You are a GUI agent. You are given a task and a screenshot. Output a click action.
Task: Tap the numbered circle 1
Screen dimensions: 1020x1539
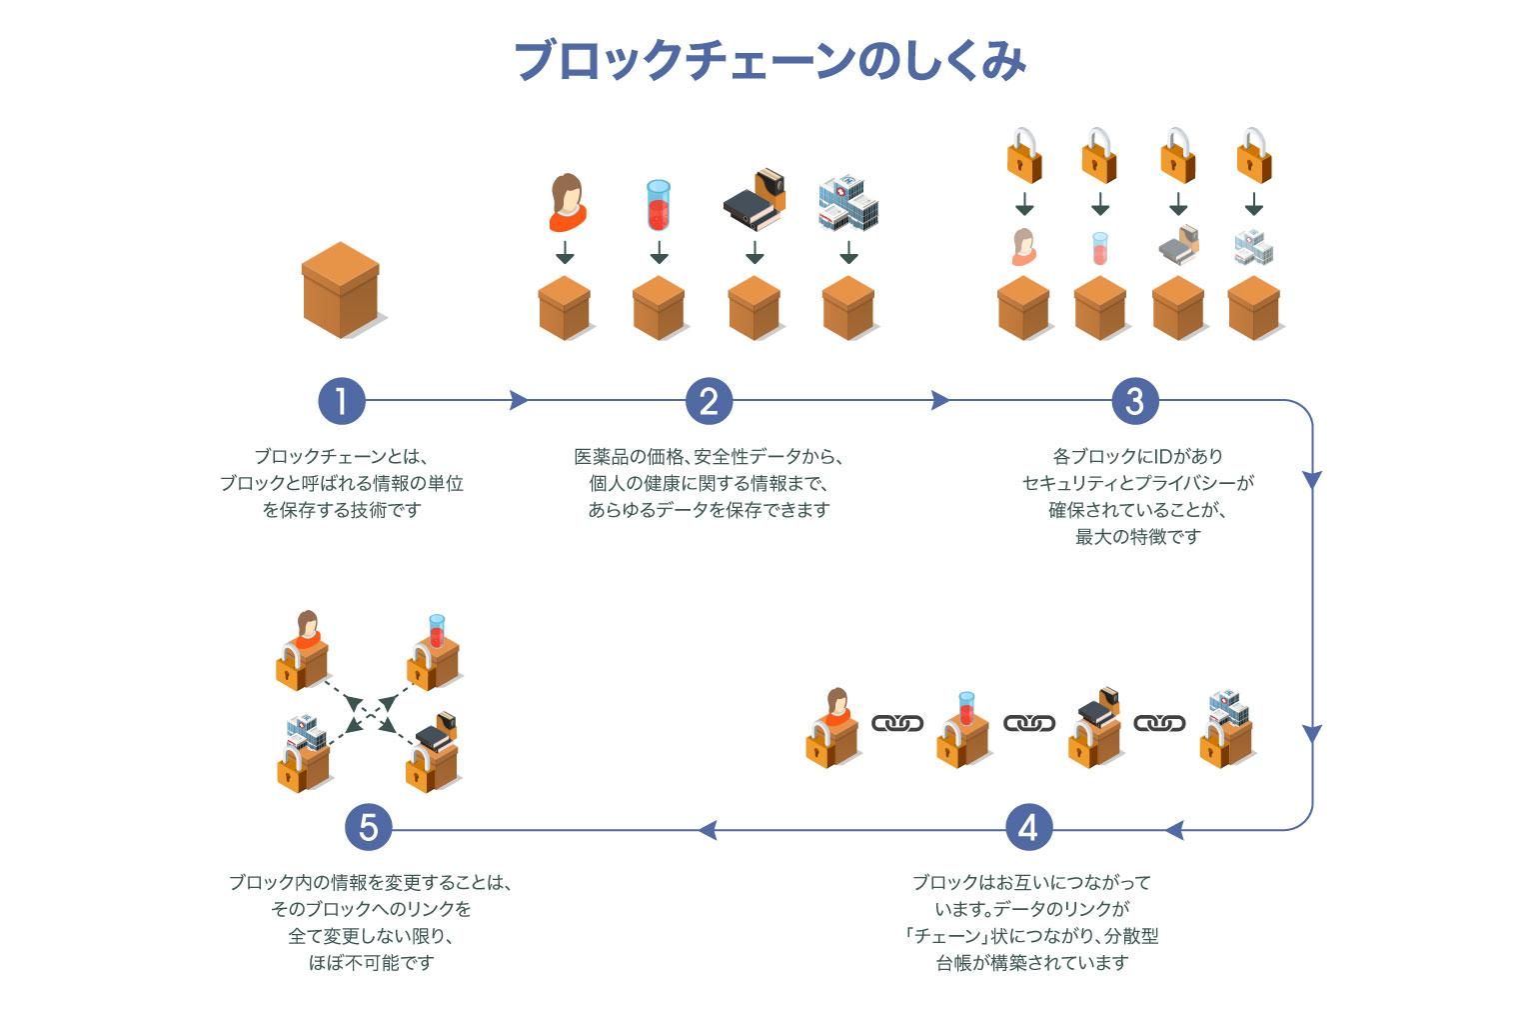point(342,401)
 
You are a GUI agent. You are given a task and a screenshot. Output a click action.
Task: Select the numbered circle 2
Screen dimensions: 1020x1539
point(709,401)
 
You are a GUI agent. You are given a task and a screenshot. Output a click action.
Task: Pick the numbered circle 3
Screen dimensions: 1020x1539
point(1135,401)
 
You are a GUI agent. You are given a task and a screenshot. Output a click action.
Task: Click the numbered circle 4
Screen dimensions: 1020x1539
point(1028,828)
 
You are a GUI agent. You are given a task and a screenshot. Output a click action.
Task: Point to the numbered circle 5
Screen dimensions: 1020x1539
point(368,828)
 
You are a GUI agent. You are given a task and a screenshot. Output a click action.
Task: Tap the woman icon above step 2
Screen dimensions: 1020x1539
point(567,198)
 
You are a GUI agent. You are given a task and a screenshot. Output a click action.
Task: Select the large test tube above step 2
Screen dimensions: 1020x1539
point(658,205)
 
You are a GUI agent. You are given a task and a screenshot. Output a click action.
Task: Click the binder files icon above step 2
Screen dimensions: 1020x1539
point(755,199)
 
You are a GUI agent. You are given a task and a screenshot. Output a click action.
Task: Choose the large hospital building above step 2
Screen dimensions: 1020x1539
point(847,203)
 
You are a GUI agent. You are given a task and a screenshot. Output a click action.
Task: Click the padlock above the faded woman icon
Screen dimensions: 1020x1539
point(1023,156)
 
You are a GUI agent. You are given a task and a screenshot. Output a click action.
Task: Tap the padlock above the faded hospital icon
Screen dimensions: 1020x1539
point(1253,156)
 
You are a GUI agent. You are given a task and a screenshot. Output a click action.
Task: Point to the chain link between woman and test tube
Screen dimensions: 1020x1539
point(897,722)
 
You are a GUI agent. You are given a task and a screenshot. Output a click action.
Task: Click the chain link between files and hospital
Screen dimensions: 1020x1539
point(1159,722)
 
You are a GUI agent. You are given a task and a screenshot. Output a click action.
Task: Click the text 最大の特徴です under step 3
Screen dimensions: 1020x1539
point(1137,537)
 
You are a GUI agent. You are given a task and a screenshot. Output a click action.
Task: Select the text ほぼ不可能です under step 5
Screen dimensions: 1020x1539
point(371,963)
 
